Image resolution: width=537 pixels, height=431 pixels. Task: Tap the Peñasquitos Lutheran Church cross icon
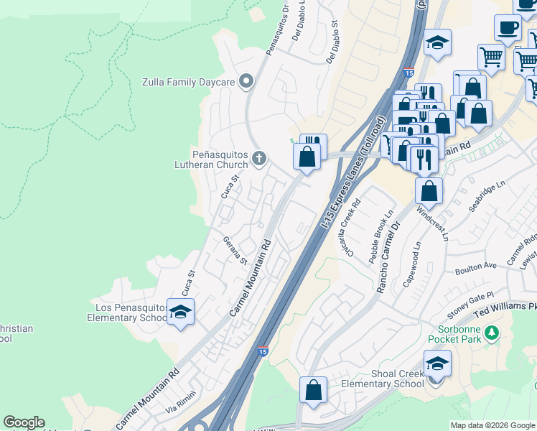tap(259, 157)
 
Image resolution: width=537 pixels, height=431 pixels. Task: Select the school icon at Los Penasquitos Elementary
tap(180, 312)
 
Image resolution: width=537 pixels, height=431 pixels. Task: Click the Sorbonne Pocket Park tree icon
tap(492, 333)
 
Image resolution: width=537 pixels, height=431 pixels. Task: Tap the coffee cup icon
tap(508, 28)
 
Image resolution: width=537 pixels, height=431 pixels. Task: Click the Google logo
tap(24, 422)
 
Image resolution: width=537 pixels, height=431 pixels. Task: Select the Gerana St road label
tap(234, 250)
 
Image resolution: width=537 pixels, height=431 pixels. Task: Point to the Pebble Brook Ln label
tap(380, 238)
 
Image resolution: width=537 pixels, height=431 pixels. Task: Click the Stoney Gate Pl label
tap(471, 305)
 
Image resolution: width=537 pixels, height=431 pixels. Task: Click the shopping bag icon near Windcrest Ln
tap(429, 191)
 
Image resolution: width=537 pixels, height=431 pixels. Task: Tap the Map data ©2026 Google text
tap(493, 425)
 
